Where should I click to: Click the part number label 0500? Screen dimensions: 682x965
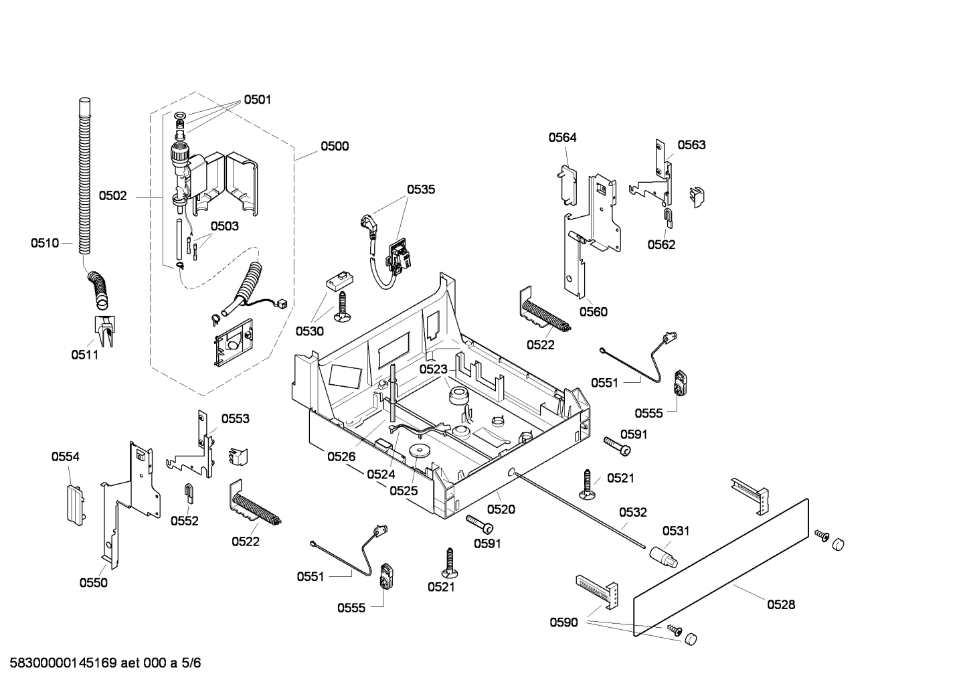pos(334,147)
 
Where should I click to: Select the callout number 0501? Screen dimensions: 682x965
pos(257,100)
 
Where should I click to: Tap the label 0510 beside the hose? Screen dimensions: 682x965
pos(44,243)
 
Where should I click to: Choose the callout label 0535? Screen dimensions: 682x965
pos(421,189)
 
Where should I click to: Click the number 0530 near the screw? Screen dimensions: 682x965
pos(310,331)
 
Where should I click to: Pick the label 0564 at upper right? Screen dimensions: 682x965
pos(562,138)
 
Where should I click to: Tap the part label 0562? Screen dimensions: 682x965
pos(661,244)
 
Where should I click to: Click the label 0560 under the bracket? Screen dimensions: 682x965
pos(593,311)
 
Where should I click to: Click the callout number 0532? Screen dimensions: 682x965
pos(632,513)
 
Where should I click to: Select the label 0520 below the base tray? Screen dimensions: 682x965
pos(501,509)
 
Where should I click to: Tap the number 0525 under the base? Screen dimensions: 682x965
pos(404,491)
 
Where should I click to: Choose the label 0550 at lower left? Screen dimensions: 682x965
pos(93,583)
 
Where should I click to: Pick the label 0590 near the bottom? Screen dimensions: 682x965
pos(563,622)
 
